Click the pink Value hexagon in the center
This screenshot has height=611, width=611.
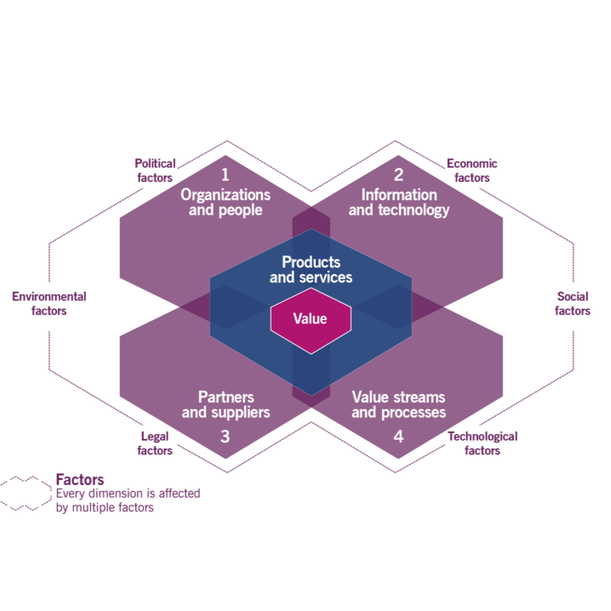tap(310, 319)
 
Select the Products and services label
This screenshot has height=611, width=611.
tap(311, 270)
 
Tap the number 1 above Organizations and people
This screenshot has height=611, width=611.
tap(226, 175)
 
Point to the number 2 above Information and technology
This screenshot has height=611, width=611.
tap(398, 175)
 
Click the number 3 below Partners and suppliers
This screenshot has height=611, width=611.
tap(226, 437)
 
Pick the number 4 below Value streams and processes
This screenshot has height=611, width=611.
tap(398, 437)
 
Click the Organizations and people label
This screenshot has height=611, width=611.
tap(226, 203)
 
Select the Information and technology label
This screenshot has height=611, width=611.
tap(398, 203)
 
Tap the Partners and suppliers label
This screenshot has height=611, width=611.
tap(226, 405)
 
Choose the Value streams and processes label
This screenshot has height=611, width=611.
tap(398, 405)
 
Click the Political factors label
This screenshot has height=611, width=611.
tap(155, 170)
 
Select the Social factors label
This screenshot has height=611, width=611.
tap(572, 304)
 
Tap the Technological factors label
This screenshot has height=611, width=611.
tap(482, 443)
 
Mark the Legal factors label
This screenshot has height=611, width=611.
tap(155, 443)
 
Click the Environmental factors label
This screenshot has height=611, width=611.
tap(49, 304)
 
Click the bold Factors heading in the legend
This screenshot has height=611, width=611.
tap(79, 479)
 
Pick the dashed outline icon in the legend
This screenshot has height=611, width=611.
tap(26, 493)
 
